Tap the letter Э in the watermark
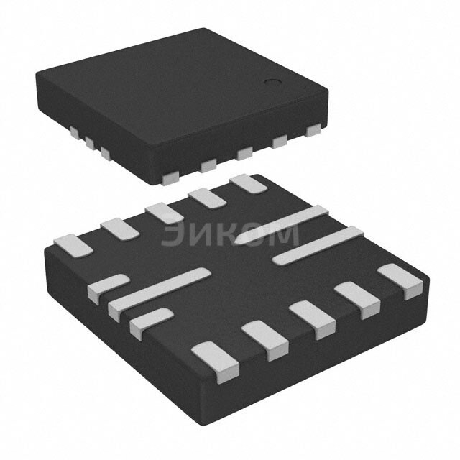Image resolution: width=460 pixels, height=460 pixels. click(x=173, y=234)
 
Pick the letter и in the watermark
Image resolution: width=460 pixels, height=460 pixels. click(x=201, y=234)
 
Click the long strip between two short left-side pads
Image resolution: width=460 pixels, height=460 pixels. click(x=160, y=292)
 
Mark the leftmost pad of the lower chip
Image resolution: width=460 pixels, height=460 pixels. click(x=73, y=244)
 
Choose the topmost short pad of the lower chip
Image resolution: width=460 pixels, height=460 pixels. click(x=248, y=183)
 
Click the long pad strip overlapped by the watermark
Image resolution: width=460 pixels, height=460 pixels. click(x=282, y=226)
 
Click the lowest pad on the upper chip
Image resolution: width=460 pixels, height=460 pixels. click(x=171, y=175)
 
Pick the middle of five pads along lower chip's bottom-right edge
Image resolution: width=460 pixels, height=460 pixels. click(x=313, y=319)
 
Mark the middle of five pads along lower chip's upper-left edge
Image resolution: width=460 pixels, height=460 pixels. click(x=164, y=213)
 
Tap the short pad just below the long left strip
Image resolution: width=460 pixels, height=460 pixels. click(x=149, y=323)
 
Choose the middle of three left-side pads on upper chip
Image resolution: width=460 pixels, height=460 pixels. click(x=89, y=143)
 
